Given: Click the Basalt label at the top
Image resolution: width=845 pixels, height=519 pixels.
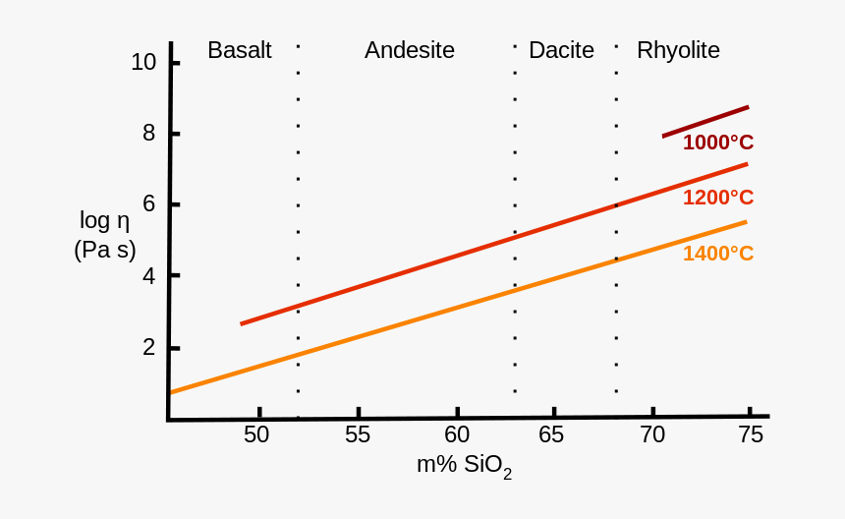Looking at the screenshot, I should [x=239, y=50].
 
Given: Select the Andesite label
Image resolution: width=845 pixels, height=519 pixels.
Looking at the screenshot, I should [x=409, y=50].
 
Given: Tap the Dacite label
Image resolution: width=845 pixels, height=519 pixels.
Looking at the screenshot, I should [x=561, y=50].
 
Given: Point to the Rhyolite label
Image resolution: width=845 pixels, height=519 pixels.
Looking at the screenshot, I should [x=678, y=50].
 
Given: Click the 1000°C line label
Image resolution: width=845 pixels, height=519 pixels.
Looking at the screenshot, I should [x=718, y=143].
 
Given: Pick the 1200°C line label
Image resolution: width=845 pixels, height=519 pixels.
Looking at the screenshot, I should [x=718, y=198].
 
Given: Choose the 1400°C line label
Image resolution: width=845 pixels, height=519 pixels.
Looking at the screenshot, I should [x=718, y=254].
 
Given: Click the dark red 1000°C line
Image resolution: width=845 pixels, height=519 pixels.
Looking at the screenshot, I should [x=705, y=121].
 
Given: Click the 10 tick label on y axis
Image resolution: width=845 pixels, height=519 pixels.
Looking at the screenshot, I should [x=143, y=62].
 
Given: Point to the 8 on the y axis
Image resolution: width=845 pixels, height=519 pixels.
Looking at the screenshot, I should [x=149, y=133].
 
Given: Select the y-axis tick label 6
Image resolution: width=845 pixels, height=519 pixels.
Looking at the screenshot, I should [x=149, y=203].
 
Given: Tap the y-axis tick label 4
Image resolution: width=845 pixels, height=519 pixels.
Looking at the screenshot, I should [x=149, y=275].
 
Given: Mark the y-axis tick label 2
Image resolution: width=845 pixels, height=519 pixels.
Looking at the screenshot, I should [x=149, y=347].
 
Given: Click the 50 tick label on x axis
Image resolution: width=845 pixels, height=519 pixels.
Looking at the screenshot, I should [x=256, y=434].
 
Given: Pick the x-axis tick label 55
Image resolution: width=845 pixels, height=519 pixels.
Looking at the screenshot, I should [x=358, y=434].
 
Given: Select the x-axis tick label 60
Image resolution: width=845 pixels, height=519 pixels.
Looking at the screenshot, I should [x=457, y=434].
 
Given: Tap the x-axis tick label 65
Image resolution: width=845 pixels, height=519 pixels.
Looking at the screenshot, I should [x=552, y=434].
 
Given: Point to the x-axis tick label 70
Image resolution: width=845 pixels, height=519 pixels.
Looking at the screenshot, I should [x=652, y=434].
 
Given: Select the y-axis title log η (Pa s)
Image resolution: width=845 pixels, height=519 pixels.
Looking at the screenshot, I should [x=105, y=235].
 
